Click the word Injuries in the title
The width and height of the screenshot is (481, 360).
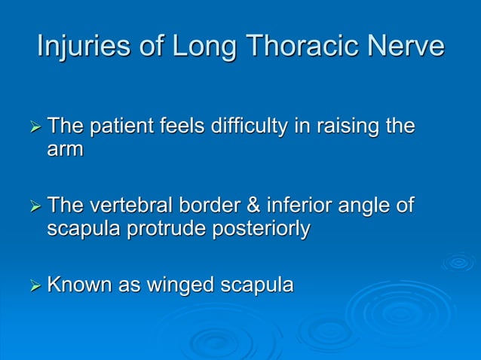79,47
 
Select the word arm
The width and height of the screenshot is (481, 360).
65,148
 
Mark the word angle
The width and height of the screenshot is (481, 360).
368,206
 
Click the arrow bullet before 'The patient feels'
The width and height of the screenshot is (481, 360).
33,127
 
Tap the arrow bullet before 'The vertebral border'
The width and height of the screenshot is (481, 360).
33,206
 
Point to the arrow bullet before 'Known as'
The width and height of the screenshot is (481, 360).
33,286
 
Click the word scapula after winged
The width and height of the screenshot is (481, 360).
256,285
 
